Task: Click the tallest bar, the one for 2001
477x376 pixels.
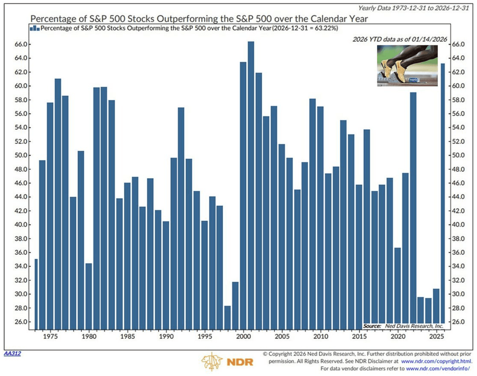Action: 251,184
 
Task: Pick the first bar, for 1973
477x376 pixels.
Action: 36,294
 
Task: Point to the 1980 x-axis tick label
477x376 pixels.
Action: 89,336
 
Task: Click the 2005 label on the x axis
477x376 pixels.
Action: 282,336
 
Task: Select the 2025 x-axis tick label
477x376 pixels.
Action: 436,336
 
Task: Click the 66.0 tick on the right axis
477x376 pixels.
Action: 458,44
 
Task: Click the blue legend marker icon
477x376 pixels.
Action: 34,29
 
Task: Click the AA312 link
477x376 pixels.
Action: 12,353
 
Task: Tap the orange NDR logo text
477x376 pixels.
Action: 240,362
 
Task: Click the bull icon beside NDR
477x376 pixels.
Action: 212,362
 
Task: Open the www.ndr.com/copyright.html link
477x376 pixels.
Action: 436,361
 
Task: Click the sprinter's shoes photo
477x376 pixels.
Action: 407,66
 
